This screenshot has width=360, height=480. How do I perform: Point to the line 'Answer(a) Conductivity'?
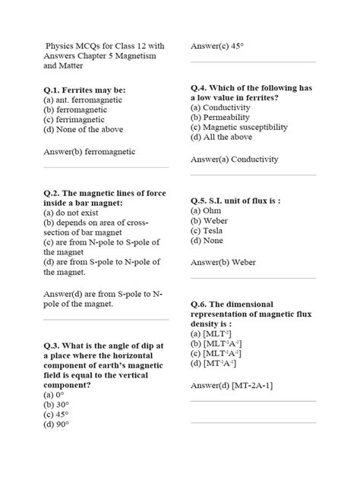click(x=235, y=159)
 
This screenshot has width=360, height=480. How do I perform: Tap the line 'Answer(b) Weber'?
click(x=223, y=262)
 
